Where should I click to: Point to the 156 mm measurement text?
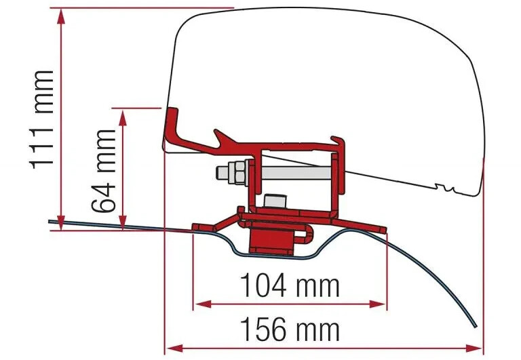click(x=290, y=330)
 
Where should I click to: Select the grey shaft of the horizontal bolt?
click(x=292, y=173)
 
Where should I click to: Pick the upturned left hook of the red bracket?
click(x=174, y=126)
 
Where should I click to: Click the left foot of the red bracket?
click(x=201, y=226)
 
